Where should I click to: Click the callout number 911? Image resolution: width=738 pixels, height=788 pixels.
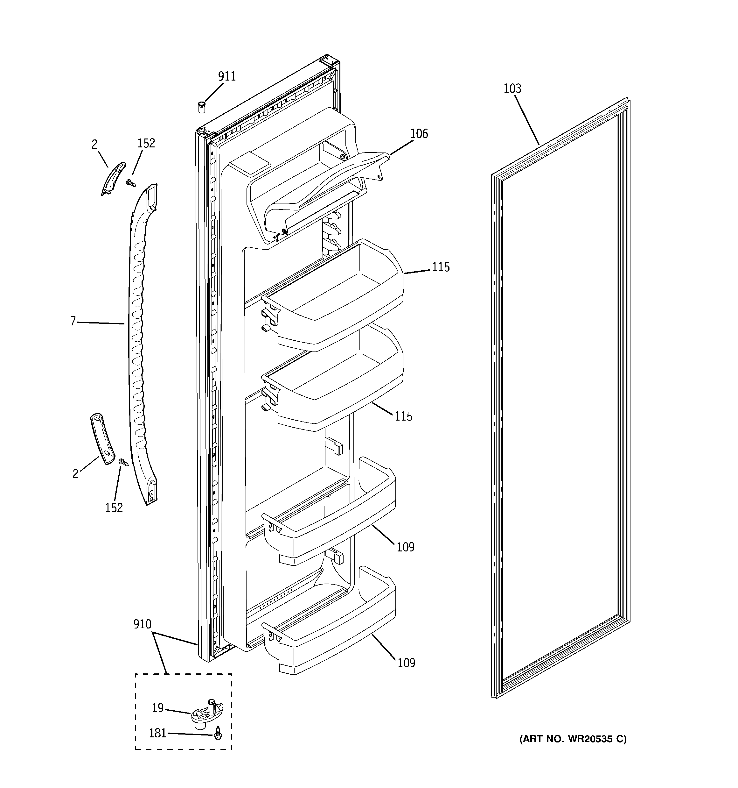tap(227, 76)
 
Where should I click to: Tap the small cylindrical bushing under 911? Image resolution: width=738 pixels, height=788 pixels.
tap(201, 107)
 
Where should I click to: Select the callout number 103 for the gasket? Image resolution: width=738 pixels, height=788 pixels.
tap(512, 89)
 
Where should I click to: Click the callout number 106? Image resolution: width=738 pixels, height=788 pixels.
tap(419, 134)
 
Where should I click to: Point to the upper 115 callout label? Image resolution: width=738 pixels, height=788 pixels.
tap(441, 267)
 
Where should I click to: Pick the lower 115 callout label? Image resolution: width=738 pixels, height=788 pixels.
tap(403, 416)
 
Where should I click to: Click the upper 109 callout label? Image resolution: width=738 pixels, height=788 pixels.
tap(406, 547)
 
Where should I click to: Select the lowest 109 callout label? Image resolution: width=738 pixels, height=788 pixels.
tap(406, 663)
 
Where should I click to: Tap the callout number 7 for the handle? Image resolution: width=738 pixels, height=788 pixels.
tap(73, 321)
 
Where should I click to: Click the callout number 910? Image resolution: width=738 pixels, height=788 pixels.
tap(142, 624)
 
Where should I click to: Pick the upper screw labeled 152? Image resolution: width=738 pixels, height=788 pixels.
tap(130, 183)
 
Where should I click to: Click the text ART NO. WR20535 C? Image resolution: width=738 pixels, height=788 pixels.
tap(573, 739)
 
